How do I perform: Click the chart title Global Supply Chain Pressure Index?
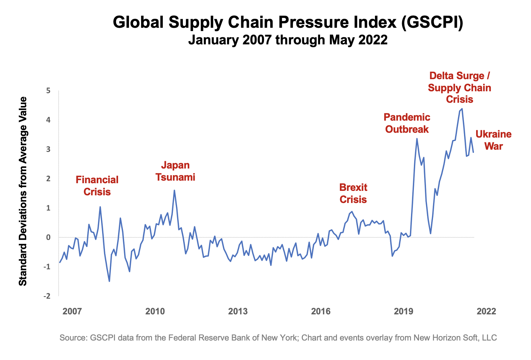coord(288,23)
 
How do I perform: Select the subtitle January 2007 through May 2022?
coord(288,40)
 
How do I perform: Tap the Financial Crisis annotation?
coord(97,186)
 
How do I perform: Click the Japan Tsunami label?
coord(175,171)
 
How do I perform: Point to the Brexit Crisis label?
coord(353,193)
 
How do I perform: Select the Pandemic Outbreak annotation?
coord(407,123)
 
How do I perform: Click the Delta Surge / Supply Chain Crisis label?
coord(459,87)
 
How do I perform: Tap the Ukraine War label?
coord(493,140)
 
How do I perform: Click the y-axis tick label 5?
coord(48,91)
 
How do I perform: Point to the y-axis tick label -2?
coord(47,296)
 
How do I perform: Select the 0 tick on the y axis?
coord(48,237)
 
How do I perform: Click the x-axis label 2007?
coord(72,311)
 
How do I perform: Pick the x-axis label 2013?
coord(238,311)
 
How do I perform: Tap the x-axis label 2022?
coord(486,311)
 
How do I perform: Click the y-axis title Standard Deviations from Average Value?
coord(23,191)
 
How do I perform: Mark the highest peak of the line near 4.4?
coord(462,109)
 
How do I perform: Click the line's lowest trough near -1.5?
coord(109,281)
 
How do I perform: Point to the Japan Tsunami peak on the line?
coord(174,190)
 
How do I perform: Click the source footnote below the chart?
coord(278,338)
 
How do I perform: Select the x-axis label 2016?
coord(320,311)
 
